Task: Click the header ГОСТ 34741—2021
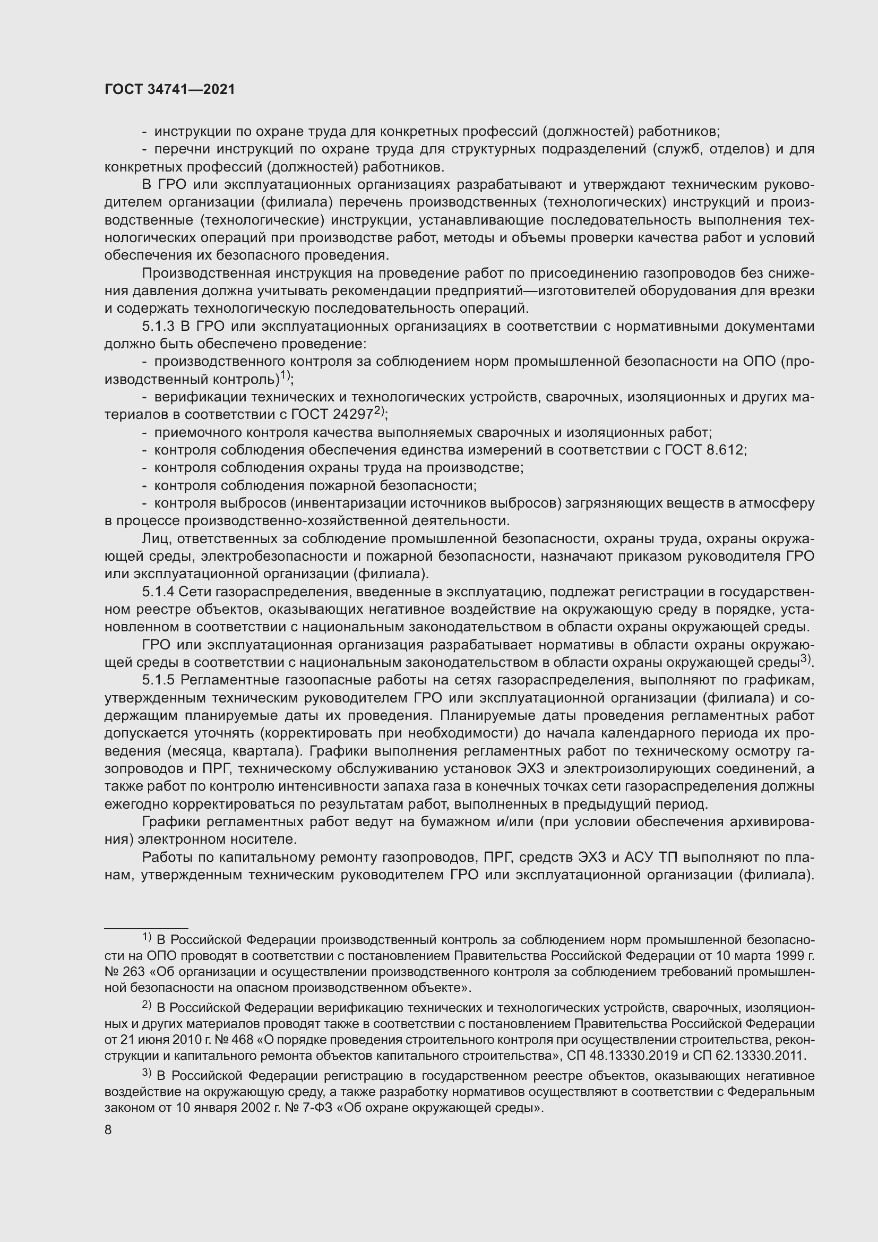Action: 170,90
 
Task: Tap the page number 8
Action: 108,1130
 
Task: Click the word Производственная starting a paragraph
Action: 201,273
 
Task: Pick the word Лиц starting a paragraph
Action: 154,539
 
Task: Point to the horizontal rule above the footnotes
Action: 146,928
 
